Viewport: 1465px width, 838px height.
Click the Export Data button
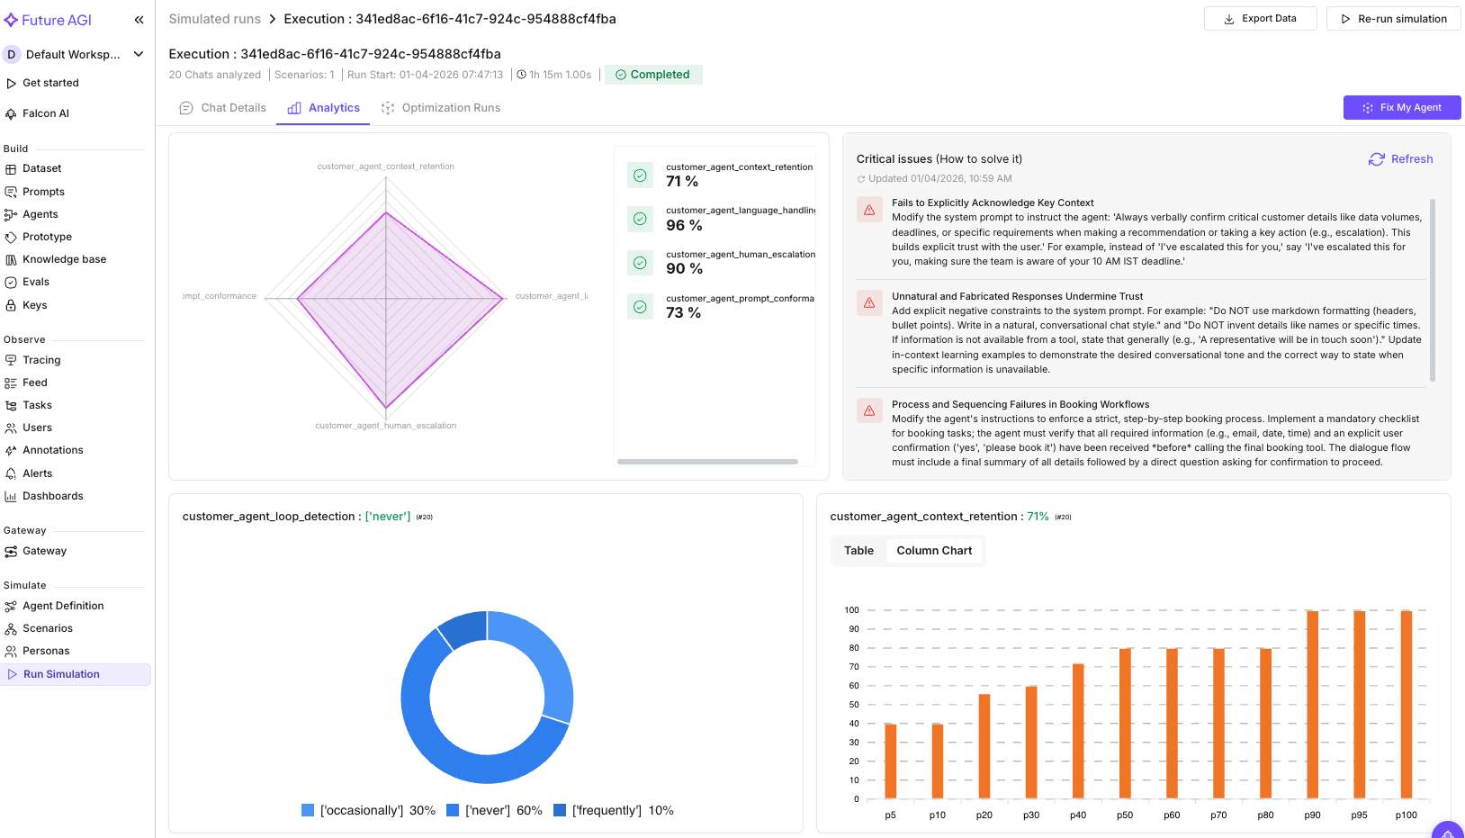click(x=1260, y=19)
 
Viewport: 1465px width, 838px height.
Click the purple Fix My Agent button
click(x=1401, y=107)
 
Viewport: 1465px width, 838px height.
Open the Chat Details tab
click(x=223, y=108)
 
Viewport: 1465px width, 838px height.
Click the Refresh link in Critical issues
click(x=1400, y=159)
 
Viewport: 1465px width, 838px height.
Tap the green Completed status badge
click(x=652, y=75)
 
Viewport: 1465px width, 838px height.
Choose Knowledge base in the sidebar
click(x=64, y=259)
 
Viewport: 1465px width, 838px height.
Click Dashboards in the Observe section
click(x=52, y=496)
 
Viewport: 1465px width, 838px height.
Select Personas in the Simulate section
click(x=46, y=651)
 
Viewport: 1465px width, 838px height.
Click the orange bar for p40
click(x=1078, y=731)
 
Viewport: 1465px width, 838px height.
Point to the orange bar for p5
click(x=891, y=761)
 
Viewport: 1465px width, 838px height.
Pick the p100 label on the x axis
click(x=1406, y=815)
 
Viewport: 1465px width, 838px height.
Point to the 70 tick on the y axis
click(x=854, y=667)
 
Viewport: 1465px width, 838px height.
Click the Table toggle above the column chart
click(x=858, y=551)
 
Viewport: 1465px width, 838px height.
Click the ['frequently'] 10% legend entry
click(x=614, y=810)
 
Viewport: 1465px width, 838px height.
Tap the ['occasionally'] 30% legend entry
click(x=368, y=810)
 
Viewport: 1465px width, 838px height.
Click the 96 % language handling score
click(x=684, y=225)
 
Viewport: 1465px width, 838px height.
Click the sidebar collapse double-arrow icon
click(x=139, y=20)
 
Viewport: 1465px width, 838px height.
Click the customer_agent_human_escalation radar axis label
click(x=385, y=426)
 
